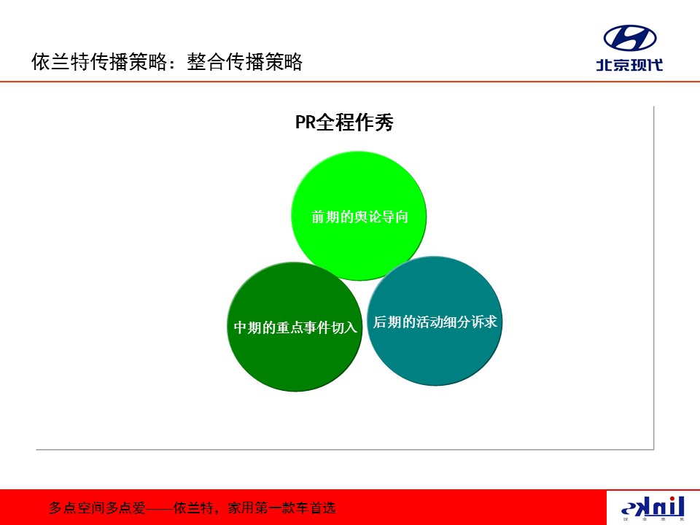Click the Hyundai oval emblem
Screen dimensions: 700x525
tap(630, 38)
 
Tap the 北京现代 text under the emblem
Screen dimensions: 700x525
tap(629, 65)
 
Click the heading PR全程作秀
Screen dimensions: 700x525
tap(344, 122)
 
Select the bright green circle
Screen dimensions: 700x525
tap(359, 216)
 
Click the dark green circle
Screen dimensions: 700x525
tap(295, 327)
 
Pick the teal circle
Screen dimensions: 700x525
tap(435, 321)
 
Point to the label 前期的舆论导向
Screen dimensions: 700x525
tap(359, 217)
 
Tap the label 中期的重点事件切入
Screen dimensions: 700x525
tap(295, 327)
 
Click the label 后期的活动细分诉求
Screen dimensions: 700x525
tap(435, 322)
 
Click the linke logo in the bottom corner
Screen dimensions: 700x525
tap(653, 508)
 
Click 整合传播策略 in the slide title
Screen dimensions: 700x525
tap(245, 61)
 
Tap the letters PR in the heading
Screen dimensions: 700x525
tap(306, 122)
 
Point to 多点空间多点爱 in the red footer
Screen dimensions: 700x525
tap(97, 508)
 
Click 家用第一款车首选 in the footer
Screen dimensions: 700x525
tap(281, 508)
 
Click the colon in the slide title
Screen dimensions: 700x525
tap(172, 63)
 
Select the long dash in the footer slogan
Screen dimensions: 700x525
tap(160, 508)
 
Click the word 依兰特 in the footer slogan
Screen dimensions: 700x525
tap(193, 508)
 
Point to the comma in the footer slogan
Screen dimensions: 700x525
tap(217, 512)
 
